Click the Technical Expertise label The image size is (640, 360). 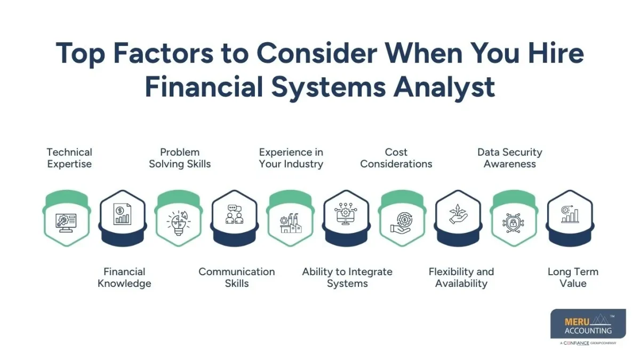pos(69,158)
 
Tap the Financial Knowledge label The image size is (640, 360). pos(124,277)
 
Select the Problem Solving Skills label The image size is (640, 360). pos(180,158)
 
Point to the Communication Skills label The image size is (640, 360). pos(236,277)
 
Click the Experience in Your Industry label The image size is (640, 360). pos(291,158)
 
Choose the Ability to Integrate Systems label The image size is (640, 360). pos(347,277)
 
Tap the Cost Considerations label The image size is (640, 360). pos(396,158)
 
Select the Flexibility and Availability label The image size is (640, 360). pos(461,277)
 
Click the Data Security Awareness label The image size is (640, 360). pos(510,158)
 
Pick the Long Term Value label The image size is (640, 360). pos(573,277)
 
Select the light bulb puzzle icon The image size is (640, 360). pos(178,222)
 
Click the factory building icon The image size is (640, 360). pos(291,222)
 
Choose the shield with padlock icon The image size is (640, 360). pos(514,222)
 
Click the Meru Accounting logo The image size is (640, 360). pos(588,326)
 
